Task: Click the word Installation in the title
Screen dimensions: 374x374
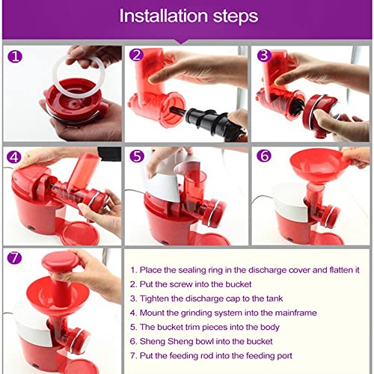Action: click(164, 16)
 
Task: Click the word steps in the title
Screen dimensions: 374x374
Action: click(236, 17)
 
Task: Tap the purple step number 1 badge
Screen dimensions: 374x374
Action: click(15, 56)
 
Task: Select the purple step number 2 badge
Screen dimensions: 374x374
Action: click(136, 55)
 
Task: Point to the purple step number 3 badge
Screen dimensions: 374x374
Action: click(264, 55)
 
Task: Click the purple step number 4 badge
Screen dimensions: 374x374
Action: click(14, 157)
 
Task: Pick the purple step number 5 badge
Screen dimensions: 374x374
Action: click(137, 156)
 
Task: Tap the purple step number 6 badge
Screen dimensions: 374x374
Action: click(264, 156)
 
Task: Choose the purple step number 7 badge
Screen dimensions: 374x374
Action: click(14, 257)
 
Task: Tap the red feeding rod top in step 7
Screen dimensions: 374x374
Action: click(61, 262)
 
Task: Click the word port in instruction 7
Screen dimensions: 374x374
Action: click(284, 356)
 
